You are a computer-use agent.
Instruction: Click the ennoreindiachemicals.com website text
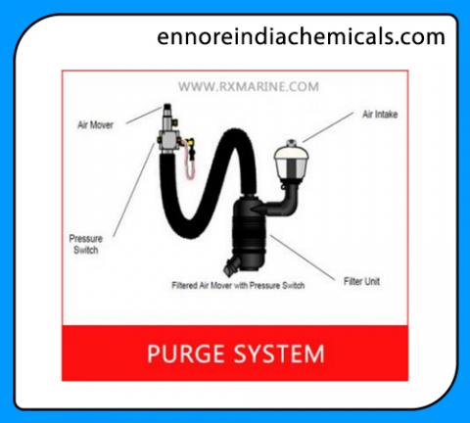301,36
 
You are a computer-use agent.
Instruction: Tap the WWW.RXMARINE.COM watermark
249,87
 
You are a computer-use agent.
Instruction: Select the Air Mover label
95,124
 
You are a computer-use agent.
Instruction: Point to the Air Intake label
380,115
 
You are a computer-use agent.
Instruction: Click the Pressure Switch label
86,244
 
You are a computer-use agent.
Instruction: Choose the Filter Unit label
361,281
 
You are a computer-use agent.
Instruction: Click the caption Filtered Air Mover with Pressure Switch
238,286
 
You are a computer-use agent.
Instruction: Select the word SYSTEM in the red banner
280,353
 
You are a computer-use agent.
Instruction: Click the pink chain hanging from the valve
190,160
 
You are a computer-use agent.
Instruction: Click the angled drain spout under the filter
231,266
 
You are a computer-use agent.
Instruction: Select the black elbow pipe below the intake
284,201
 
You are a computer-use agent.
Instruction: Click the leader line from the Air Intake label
328,127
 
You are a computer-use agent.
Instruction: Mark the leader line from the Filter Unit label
303,258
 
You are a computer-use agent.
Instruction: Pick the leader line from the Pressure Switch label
134,190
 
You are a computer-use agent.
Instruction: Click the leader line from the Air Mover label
144,116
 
